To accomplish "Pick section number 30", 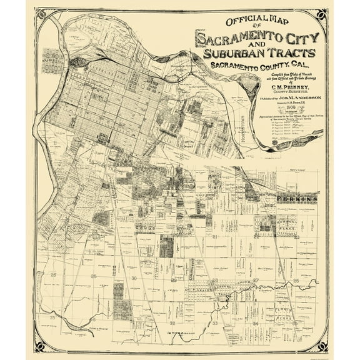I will click(134, 277).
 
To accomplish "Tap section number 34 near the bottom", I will click(256, 324).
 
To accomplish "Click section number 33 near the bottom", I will click(216, 324).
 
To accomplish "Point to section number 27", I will click(256, 279).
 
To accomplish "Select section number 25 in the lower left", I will click(94, 276).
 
